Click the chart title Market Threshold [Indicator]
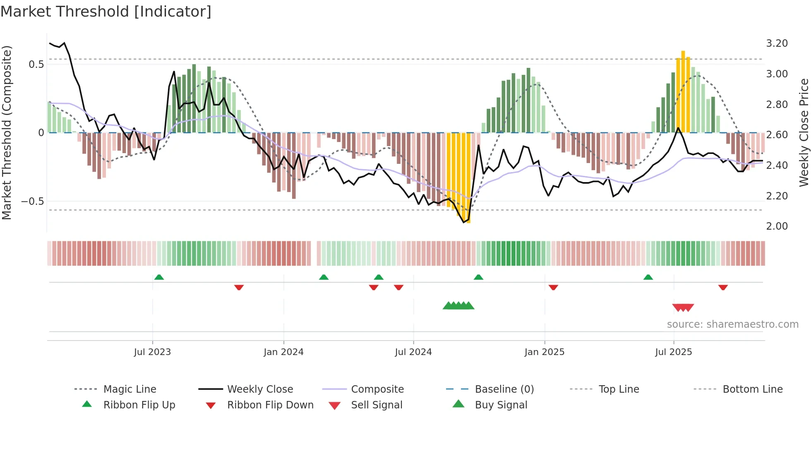(106, 12)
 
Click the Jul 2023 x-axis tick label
(152, 352)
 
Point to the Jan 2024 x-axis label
(283, 352)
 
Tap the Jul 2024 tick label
(413, 352)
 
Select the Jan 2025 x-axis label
(544, 352)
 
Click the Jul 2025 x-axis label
(673, 352)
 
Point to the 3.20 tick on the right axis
(777, 43)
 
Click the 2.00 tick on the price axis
(777, 226)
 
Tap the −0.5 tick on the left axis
(32, 202)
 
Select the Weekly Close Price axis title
(804, 132)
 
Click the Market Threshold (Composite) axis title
(7, 132)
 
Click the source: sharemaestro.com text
(732, 324)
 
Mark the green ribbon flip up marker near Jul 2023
(159, 277)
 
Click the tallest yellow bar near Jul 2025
(683, 91)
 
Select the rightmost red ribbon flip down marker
(723, 287)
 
